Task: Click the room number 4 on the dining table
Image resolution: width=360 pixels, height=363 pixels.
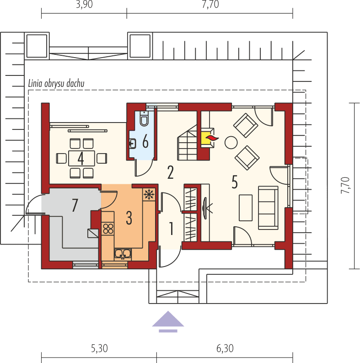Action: point(81,159)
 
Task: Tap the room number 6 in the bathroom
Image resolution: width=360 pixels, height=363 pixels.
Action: point(145,142)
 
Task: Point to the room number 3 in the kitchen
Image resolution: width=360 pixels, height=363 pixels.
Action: point(129,218)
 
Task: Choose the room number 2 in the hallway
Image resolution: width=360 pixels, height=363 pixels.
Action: point(170,173)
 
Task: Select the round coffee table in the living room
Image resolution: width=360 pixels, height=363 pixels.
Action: point(231,142)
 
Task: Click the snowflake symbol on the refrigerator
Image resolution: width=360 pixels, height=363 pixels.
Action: point(149,194)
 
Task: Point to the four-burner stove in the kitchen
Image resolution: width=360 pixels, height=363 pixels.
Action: point(108,228)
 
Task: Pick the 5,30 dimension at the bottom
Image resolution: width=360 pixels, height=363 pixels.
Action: point(99,349)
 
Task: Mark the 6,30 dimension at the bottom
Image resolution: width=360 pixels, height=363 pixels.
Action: point(224,349)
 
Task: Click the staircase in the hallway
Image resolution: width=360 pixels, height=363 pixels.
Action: point(187,144)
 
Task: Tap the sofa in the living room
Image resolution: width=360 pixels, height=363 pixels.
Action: point(268,208)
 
